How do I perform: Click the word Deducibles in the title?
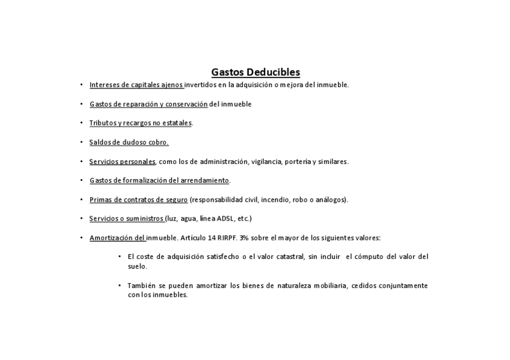pyautogui.click(x=273, y=73)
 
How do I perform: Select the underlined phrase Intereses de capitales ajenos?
pyautogui.click(x=137, y=85)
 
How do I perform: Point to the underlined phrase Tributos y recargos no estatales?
pyautogui.click(x=141, y=123)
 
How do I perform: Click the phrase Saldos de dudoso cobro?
pyautogui.click(x=129, y=142)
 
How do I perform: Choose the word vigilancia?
pyautogui.click(x=267, y=162)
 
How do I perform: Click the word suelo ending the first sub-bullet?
pyautogui.click(x=137, y=266)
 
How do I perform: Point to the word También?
pyautogui.click(x=142, y=285)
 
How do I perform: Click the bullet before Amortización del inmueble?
pyautogui.click(x=82, y=238)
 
